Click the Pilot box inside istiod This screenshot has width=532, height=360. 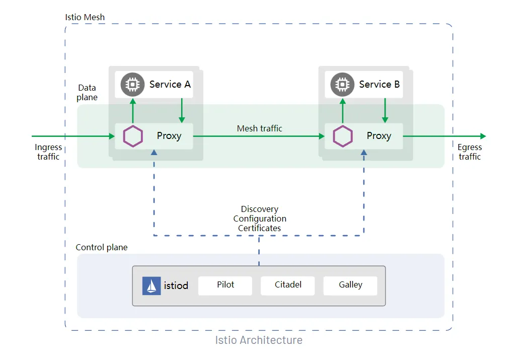coord(225,285)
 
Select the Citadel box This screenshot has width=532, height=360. coord(288,285)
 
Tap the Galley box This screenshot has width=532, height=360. coord(350,285)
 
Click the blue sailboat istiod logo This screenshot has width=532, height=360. coord(151,285)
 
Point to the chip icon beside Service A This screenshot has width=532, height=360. coord(133,85)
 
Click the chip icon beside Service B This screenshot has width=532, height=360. coord(342,85)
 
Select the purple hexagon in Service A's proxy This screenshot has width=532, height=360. coord(133,136)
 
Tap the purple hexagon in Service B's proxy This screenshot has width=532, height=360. coord(343,136)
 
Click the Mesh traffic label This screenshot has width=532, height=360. coord(260,128)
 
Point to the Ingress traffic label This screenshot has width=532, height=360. coord(48,152)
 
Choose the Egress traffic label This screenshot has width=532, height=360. coord(470,152)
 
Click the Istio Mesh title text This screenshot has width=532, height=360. coord(85,17)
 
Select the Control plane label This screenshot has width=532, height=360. coord(102,247)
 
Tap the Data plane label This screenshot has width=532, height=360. coord(87,92)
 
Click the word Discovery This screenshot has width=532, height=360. coord(260,209)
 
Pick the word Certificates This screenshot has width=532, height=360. coord(260,228)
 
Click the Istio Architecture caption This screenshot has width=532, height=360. coord(259,340)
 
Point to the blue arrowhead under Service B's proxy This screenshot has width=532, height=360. coord(364,153)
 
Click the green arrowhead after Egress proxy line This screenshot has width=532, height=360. coord(483,136)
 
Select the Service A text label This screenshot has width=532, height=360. coord(170,84)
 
